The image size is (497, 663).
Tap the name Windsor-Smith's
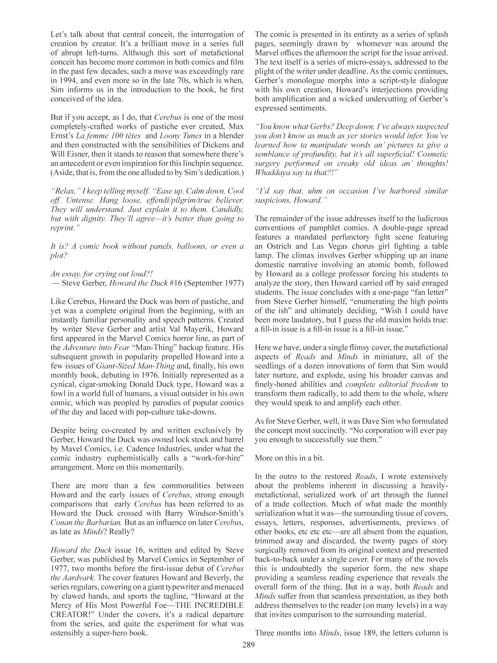pyautogui.click(x=218, y=513)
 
